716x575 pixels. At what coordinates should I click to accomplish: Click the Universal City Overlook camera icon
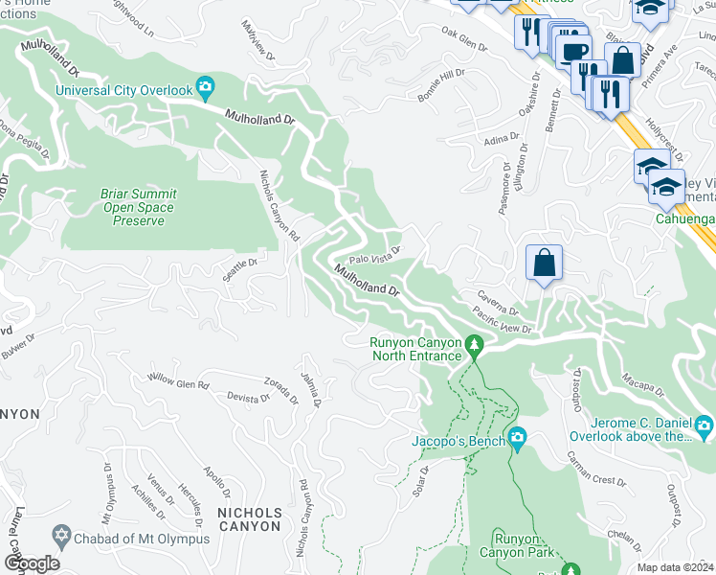click(205, 90)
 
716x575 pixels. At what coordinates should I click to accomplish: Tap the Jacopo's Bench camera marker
click(518, 440)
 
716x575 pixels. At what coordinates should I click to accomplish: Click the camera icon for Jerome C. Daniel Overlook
click(704, 425)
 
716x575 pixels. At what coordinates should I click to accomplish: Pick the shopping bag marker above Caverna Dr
click(543, 263)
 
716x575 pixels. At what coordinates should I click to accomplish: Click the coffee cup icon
click(574, 51)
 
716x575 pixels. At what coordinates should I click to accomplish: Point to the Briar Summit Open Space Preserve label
click(138, 207)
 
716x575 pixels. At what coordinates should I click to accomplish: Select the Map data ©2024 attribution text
click(675, 567)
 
